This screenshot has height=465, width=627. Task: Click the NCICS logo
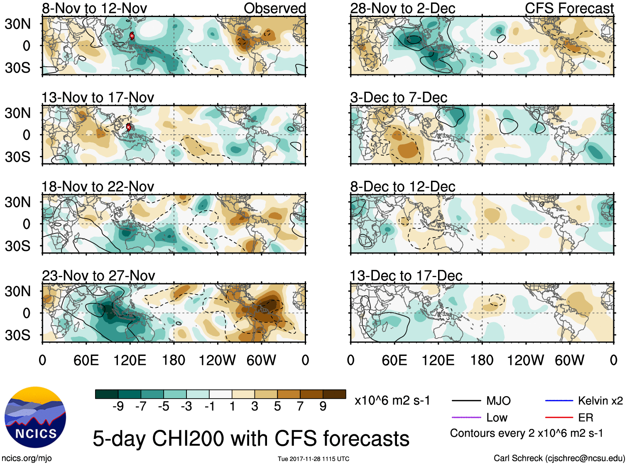coord(35,417)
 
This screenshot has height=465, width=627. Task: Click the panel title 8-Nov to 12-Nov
coord(94,8)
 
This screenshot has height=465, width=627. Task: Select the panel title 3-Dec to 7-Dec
coord(399,97)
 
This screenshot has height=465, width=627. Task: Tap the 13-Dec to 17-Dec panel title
coord(406,276)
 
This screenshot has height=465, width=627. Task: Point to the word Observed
coord(274,8)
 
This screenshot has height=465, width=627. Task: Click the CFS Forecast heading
coord(569,8)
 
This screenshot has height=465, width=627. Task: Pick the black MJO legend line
coord(466,401)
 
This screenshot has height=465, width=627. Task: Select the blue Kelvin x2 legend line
coord(559,401)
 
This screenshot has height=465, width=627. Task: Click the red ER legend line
coord(559,417)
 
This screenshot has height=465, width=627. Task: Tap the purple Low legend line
coord(466,417)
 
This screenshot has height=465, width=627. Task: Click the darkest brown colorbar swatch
coord(334,394)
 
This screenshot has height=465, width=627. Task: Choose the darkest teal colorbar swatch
coord(107,394)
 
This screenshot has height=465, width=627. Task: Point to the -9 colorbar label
coord(118,407)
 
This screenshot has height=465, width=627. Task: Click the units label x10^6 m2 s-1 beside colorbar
coord(392,401)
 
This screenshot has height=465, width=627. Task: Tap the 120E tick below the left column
coord(130,360)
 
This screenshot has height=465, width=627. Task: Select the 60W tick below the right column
coord(569,360)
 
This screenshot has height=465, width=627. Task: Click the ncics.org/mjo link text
coord(27,458)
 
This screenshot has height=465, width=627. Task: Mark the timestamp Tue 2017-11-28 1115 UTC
coord(313,459)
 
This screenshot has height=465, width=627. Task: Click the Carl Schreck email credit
coord(559,458)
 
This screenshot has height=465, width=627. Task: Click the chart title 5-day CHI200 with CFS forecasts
coord(251,438)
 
